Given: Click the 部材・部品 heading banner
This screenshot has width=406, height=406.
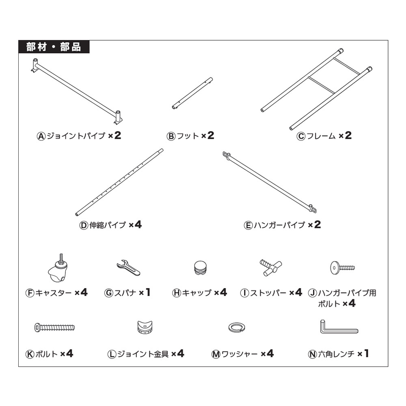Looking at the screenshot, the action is [x=54, y=47].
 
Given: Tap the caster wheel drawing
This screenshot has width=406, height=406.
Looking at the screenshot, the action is [x=58, y=268].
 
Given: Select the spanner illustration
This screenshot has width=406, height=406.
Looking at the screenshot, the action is [x=128, y=268].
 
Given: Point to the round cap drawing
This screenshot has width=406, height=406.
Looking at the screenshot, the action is [x=201, y=268].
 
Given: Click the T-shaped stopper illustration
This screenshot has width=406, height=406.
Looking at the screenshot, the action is [x=271, y=268].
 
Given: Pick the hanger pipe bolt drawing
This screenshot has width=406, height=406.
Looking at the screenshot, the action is [x=342, y=268].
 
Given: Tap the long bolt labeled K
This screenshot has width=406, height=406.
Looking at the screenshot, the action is [x=55, y=328].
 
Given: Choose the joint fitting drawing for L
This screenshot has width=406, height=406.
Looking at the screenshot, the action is [x=145, y=327].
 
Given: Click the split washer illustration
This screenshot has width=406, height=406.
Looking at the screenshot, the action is [x=237, y=327].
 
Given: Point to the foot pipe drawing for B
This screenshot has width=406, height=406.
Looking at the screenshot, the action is [x=192, y=93].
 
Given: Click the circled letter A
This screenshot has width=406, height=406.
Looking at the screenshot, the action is [x=41, y=136].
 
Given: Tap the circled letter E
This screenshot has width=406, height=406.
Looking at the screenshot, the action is [x=248, y=225].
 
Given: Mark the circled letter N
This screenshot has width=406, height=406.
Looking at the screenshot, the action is [x=313, y=354].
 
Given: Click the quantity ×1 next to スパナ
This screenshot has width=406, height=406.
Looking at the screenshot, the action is [x=145, y=292].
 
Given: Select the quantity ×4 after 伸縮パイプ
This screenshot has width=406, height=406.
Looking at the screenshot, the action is [x=135, y=225].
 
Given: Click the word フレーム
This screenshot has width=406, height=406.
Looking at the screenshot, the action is [x=321, y=136].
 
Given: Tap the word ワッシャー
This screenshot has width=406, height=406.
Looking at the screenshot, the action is [x=240, y=354].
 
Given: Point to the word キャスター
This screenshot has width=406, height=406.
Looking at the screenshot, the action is [x=53, y=293].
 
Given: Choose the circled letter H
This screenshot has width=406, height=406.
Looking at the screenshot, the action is [x=177, y=293].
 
